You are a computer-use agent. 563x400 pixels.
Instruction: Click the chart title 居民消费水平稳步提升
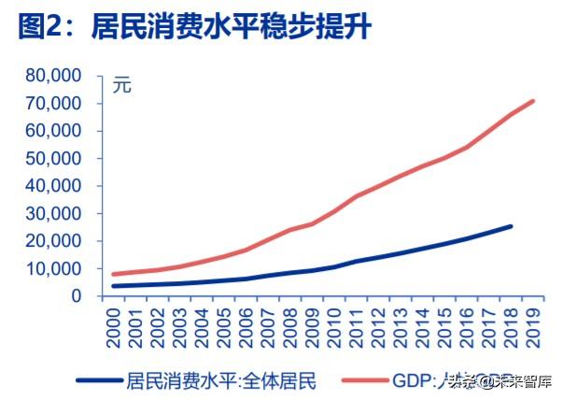point(231,27)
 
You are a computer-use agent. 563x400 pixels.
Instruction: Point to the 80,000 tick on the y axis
point(54,76)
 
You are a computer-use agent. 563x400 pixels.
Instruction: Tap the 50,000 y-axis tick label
point(54,158)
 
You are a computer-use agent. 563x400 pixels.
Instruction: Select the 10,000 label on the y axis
point(54,268)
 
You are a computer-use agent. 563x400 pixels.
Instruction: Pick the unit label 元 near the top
point(122,86)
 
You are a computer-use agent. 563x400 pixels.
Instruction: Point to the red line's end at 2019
point(532,101)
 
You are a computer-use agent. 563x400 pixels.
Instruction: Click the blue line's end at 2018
point(510,226)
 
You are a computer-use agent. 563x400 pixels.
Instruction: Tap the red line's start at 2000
point(114,274)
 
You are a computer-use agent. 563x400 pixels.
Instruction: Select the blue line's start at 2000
point(114,286)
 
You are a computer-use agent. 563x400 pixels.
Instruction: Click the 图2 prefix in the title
point(42,27)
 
